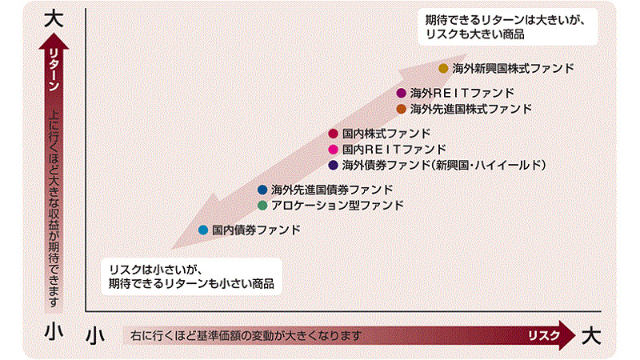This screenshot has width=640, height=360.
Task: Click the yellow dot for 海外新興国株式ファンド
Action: click(x=443, y=68)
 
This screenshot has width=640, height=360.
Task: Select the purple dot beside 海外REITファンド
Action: click(x=402, y=93)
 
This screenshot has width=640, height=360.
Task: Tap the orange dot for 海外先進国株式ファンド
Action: click(x=402, y=109)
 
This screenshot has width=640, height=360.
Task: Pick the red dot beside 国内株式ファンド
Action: click(x=333, y=134)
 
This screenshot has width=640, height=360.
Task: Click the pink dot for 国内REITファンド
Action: click(x=333, y=150)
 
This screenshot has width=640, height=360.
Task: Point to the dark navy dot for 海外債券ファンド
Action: click(x=333, y=165)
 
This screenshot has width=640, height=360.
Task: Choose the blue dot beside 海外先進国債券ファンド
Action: click(x=262, y=190)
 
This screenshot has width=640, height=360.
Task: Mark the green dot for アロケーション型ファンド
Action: click(x=262, y=206)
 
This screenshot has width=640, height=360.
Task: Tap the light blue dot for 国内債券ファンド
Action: click(x=203, y=230)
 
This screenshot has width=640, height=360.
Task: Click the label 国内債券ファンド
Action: click(x=256, y=230)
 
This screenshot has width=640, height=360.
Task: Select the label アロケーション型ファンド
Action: click(x=338, y=206)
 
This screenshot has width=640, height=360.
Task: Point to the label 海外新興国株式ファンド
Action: click(x=513, y=68)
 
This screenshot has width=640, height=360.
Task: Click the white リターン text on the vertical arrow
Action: click(x=54, y=70)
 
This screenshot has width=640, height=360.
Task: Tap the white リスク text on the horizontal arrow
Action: click(x=544, y=335)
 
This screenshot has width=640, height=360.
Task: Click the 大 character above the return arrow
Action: click(x=54, y=19)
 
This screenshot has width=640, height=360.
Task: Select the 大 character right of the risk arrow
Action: click(x=591, y=336)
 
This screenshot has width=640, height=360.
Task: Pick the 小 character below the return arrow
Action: click(x=54, y=330)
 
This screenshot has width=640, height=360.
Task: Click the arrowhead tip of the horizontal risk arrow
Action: click(x=575, y=335)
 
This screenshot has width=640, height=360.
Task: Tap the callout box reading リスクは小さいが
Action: click(x=191, y=276)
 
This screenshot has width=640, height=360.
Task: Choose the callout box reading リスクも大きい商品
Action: click(x=507, y=26)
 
